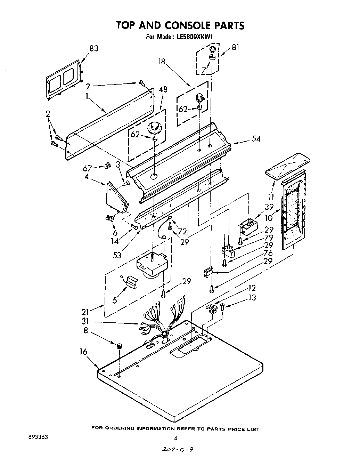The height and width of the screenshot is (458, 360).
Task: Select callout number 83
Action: coord(94,49)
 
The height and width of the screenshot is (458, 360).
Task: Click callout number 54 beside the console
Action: coord(256,139)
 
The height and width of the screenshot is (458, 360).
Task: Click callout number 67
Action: coord(88,168)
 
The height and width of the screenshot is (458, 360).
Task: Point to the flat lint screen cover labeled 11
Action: coord(287,165)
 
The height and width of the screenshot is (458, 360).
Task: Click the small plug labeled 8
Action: coord(120,345)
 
